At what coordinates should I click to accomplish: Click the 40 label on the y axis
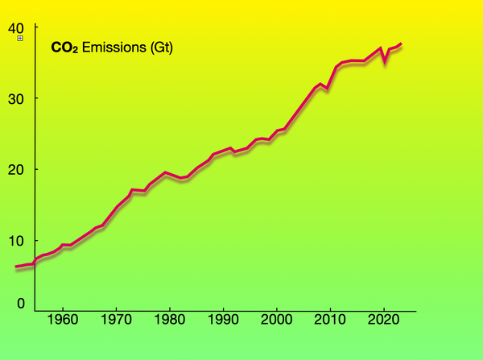[15, 27]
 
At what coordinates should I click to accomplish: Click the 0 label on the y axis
[19, 303]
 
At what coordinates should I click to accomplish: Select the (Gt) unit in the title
[160, 48]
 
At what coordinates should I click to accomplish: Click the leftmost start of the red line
[16, 267]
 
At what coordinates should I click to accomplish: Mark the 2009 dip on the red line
[326, 87]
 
